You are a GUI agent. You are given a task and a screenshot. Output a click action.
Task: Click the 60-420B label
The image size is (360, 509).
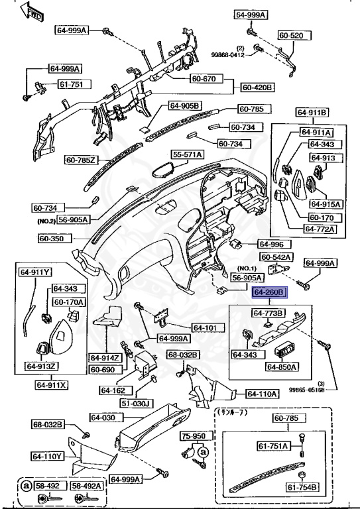pyautogui.click(x=258, y=87)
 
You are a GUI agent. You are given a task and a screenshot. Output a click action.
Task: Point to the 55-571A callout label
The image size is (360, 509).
pyautogui.click(x=188, y=154)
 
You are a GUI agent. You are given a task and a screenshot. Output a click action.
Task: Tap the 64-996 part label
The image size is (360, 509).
pyautogui.click(x=270, y=244)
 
